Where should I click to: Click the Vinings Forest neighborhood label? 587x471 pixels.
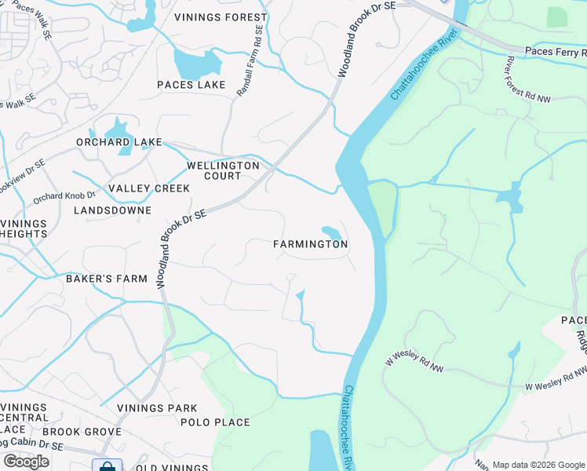222,16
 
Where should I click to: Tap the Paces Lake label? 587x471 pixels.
191,85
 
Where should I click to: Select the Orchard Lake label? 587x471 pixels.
118,142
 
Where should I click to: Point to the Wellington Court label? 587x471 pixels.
223,170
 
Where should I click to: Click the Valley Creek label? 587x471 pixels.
149,188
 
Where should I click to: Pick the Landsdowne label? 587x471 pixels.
112,210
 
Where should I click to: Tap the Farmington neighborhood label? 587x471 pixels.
310,244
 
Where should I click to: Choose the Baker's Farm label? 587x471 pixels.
107,279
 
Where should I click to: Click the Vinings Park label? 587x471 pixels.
157,408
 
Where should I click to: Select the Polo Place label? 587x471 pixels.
215,422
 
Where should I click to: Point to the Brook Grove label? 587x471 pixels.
82,432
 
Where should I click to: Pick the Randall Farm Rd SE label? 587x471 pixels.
250,62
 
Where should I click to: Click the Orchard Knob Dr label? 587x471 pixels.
64,195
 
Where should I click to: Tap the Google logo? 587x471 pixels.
26,461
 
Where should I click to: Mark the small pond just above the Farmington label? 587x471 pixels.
331,232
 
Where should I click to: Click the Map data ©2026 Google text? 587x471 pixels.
538,465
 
